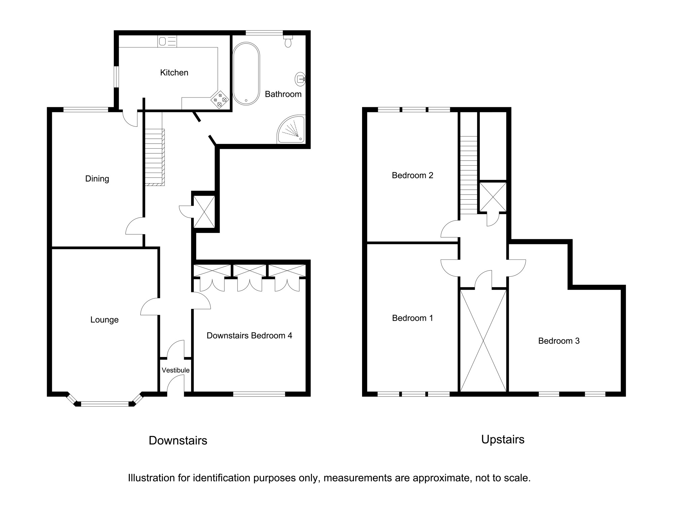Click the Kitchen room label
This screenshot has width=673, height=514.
coord(174,73)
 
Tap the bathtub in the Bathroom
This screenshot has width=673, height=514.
coord(246,74)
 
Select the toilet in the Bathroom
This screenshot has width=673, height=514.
coord(288,41)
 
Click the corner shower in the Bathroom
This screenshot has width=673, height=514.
coord(291,129)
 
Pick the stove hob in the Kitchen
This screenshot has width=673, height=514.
coord(220,100)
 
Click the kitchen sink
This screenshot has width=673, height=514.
coord(167,42)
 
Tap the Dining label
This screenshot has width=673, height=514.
coord(97,179)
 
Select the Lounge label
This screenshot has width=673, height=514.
coord(104,320)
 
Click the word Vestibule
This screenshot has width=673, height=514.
coord(175,370)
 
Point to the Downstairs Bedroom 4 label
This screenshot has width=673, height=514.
coord(249,335)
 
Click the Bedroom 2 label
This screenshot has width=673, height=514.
coord(413,175)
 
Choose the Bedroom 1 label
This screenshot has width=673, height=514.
coord(413,318)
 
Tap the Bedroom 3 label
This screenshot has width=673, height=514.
coord(559,341)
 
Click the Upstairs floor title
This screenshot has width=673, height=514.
coord(503,440)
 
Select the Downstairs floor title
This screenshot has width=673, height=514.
coord(178,440)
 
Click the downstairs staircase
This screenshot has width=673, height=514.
coord(155,157)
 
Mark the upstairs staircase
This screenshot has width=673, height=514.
coord(469,175)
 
